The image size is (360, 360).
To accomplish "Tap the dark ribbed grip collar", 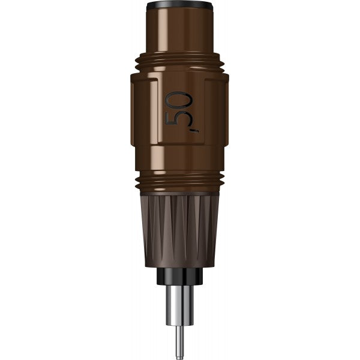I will pos(162,228).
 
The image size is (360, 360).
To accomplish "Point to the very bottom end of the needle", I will pos(179,355).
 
